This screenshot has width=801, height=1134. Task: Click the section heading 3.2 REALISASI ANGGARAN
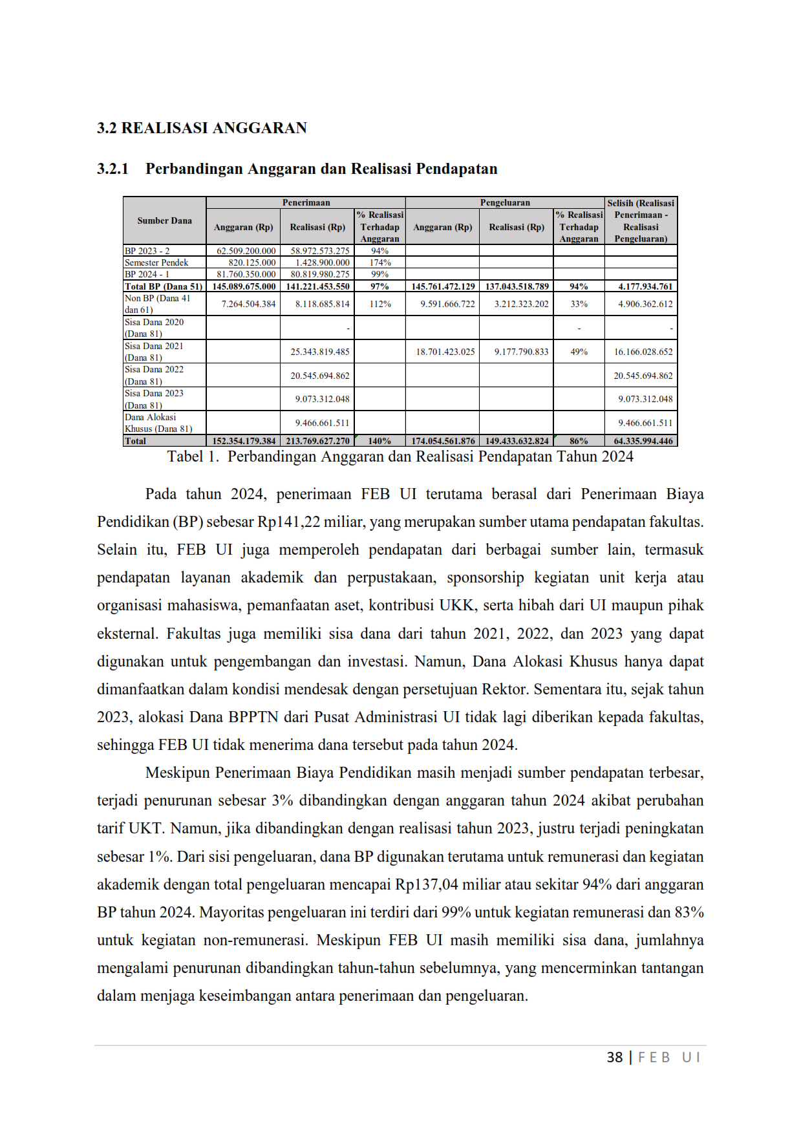click(x=202, y=128)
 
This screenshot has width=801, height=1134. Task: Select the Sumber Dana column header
click(x=164, y=221)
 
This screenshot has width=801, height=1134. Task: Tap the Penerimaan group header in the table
click(x=306, y=203)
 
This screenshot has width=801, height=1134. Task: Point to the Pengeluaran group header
click(x=505, y=203)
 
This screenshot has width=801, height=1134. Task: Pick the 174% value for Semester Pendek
click(x=380, y=262)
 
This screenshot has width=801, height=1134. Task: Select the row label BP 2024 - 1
click(x=147, y=274)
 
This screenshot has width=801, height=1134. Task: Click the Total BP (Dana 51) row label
click(x=164, y=286)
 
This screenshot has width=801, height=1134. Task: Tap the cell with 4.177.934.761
click(x=645, y=286)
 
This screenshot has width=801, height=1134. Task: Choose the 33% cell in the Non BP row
click(x=579, y=304)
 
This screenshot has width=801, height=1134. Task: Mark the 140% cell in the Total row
click(x=379, y=441)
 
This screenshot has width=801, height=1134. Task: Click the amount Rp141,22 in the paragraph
click(x=288, y=522)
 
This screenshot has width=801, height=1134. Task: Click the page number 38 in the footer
click(x=614, y=1058)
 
